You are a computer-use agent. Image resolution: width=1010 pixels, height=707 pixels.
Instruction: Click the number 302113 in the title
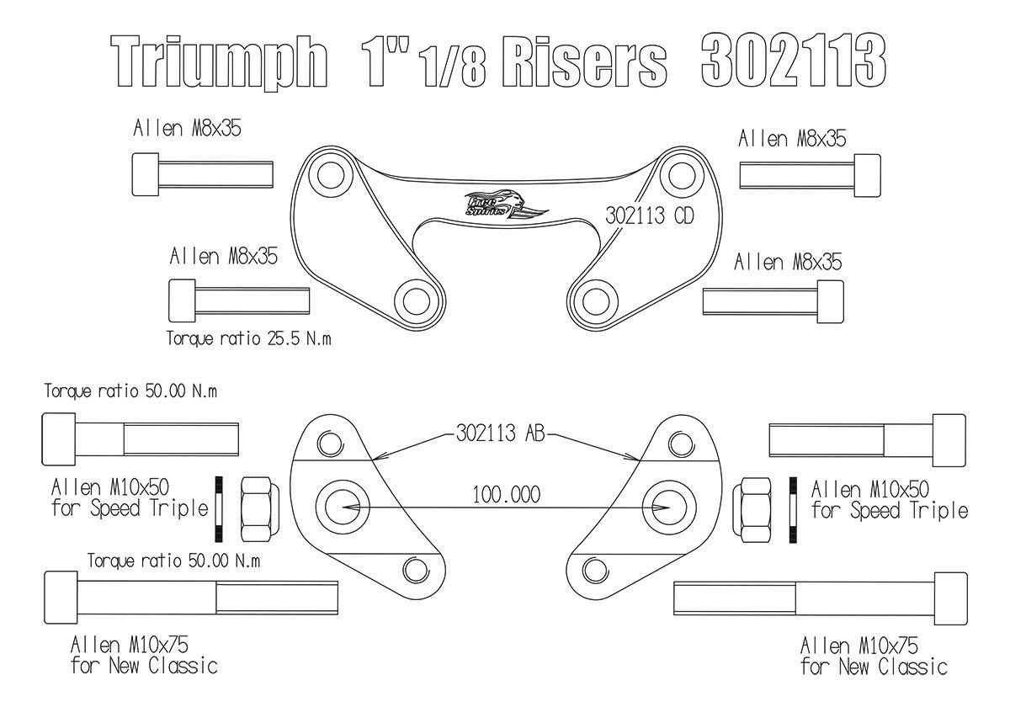click(x=792, y=61)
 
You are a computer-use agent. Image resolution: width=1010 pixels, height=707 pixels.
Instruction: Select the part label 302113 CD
click(x=649, y=215)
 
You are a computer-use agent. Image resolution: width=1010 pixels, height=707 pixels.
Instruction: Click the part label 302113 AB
click(x=499, y=434)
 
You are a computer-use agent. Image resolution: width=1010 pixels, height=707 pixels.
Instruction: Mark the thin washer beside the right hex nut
click(x=792, y=508)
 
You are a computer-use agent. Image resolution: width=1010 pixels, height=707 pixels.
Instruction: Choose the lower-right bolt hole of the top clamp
click(x=596, y=300)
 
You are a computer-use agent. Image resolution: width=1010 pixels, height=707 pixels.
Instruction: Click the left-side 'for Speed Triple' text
click(x=130, y=508)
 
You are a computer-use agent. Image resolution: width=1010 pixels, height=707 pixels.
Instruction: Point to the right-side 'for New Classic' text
click(x=874, y=667)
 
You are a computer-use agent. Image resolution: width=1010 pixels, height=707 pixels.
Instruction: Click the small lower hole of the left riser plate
click(x=415, y=569)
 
